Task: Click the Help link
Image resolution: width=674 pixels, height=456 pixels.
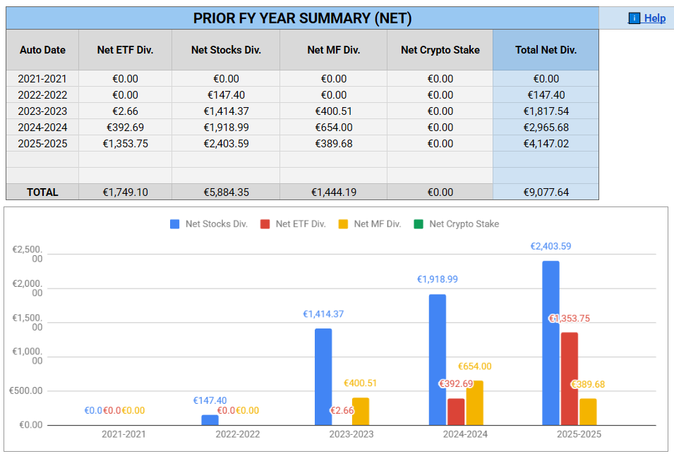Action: (647, 18)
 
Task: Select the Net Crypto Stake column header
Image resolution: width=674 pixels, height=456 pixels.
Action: (440, 50)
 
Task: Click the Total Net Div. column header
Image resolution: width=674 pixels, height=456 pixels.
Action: (546, 50)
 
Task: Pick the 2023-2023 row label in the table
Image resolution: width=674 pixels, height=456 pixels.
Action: (42, 111)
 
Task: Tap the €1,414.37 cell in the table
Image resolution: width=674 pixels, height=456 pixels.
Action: (226, 111)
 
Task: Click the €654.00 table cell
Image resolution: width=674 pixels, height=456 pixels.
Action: (333, 128)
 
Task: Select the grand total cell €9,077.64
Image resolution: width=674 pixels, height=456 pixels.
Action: (546, 192)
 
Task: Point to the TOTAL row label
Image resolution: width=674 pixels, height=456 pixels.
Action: (42, 192)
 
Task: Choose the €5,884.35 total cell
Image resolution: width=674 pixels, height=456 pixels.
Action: (226, 192)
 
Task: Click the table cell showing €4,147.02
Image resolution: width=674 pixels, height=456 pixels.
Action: (546, 144)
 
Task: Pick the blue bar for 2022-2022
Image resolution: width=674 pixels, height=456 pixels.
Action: (210, 420)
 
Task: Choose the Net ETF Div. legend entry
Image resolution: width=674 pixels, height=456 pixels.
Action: (293, 224)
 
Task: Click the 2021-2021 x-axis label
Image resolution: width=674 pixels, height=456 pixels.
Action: (124, 434)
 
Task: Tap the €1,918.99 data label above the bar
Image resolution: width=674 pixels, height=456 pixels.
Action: (437, 279)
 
